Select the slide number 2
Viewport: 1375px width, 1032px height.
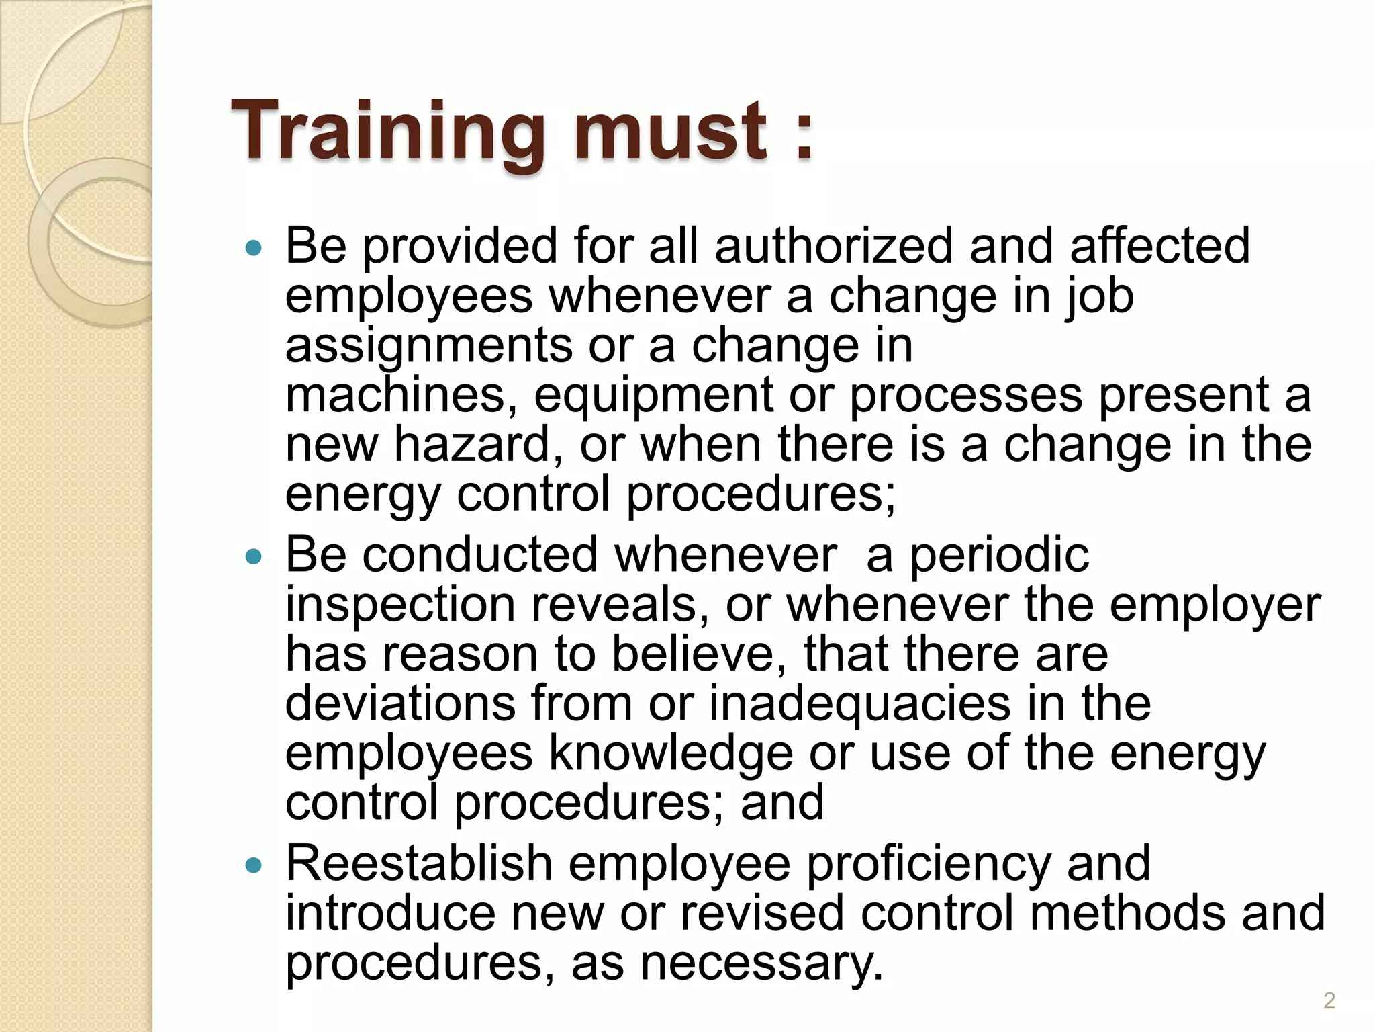click(1329, 1001)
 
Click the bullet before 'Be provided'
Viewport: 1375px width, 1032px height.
click(253, 249)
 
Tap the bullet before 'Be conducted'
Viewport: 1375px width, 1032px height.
click(253, 557)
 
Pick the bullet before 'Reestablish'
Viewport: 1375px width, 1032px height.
click(253, 865)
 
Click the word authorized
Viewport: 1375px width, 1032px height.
click(833, 246)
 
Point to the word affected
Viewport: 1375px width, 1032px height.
click(1159, 246)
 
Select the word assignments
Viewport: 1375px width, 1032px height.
click(428, 346)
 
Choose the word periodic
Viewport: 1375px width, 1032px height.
click(999, 556)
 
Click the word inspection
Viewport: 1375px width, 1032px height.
click(400, 605)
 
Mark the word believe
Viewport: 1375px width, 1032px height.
click(699, 654)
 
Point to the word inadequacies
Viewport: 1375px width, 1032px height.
click(859, 703)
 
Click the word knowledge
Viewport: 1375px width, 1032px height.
click(671, 753)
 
